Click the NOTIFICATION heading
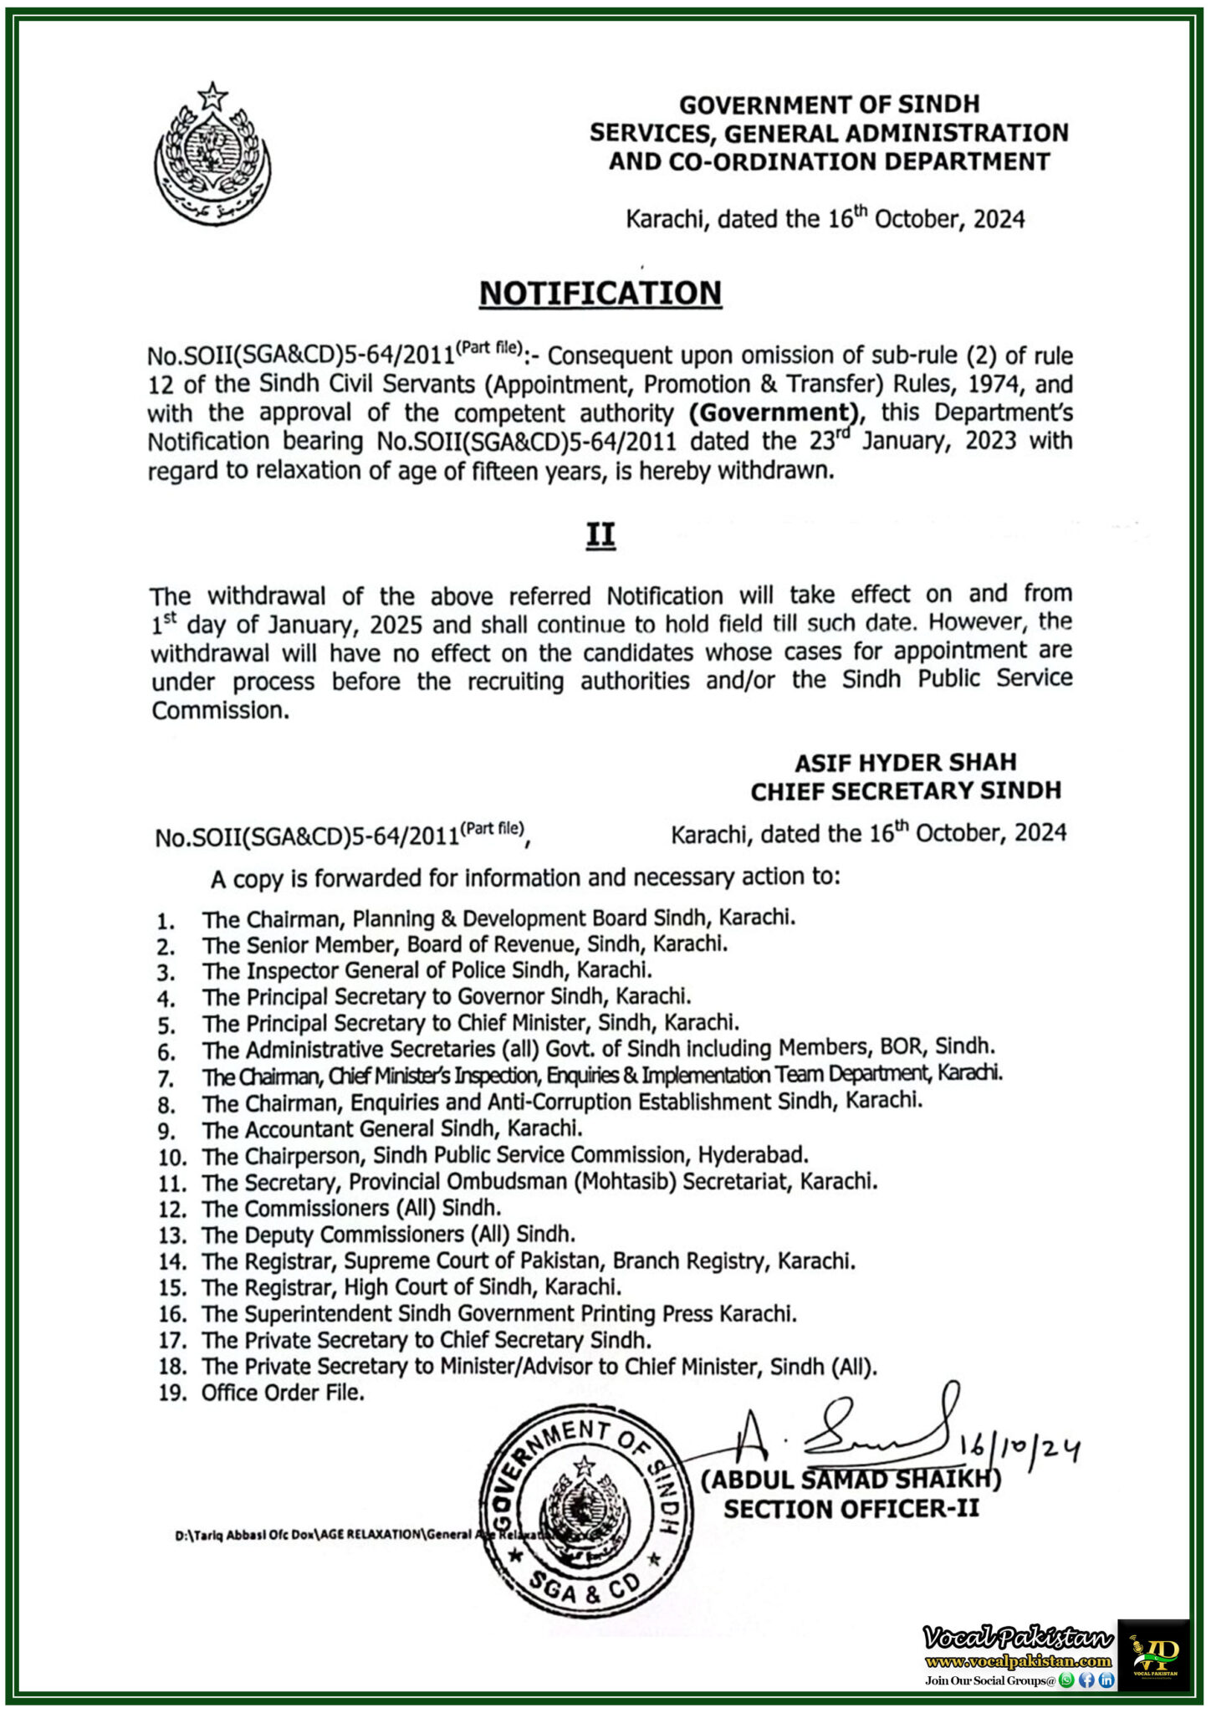pyautogui.click(x=600, y=294)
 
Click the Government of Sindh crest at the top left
pyautogui.click(x=212, y=155)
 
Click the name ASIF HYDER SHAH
pyautogui.click(x=905, y=762)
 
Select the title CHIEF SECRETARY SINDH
pyautogui.click(x=905, y=790)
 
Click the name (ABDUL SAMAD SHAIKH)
pyautogui.click(x=851, y=1480)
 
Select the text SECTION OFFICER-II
pyautogui.click(x=851, y=1509)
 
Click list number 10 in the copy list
pyautogui.click(x=171, y=1158)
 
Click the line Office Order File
pyautogui.click(x=283, y=1393)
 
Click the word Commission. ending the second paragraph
pyautogui.click(x=220, y=710)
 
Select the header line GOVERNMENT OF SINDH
pyautogui.click(x=829, y=105)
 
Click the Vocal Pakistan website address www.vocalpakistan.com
pyautogui.click(x=1018, y=1661)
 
